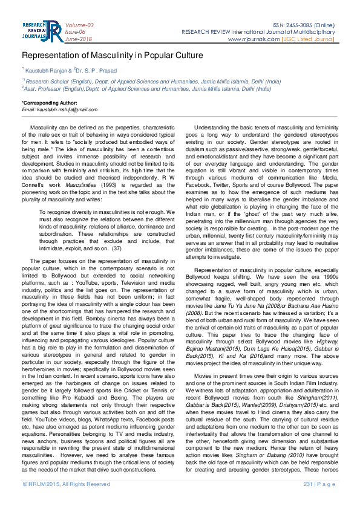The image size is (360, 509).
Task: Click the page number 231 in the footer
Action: tap(309, 502)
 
